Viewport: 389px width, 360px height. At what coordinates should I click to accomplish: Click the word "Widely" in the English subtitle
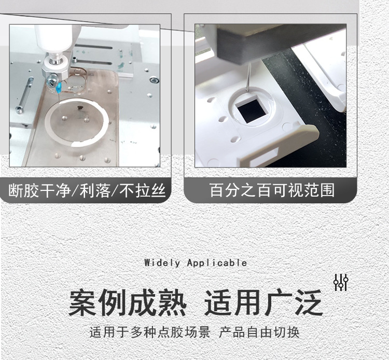(162, 263)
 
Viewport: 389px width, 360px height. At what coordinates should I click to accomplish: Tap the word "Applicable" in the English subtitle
(217, 263)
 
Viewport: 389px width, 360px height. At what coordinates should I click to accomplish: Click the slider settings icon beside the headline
(341, 282)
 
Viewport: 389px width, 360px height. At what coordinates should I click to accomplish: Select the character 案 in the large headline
(82, 302)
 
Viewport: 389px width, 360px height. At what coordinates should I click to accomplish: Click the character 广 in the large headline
(278, 302)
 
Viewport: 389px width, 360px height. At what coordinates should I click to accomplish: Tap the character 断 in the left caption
(16, 190)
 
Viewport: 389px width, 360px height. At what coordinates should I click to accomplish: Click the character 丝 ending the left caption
(159, 190)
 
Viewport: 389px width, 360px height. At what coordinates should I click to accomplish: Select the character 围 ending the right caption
(327, 190)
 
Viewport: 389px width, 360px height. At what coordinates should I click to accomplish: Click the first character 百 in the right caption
(217, 190)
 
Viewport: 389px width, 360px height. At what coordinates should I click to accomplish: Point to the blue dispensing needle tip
(59, 88)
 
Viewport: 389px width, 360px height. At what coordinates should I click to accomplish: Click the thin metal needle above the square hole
(248, 77)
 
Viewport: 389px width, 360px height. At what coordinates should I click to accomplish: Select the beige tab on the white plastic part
(278, 146)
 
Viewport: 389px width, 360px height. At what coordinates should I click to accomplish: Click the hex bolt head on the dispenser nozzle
(52, 80)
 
